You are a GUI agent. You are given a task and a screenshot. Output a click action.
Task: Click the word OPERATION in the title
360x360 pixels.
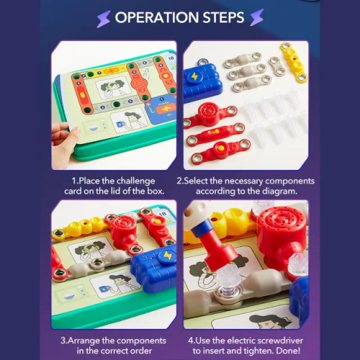click(x=157, y=17)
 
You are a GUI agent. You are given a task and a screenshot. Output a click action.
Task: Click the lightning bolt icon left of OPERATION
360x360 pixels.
click(x=104, y=19)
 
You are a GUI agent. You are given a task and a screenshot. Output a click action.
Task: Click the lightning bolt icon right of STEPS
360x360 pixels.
click(x=257, y=17)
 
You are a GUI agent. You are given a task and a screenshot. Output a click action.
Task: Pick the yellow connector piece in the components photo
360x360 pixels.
click(x=294, y=62)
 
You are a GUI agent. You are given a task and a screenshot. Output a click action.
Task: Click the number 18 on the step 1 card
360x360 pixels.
click(x=171, y=58)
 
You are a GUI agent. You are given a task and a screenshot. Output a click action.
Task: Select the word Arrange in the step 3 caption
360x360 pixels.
click(x=84, y=341)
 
